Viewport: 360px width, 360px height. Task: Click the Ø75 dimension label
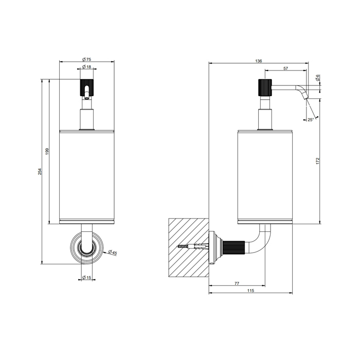(86, 60)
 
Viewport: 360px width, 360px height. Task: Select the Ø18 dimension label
(86, 67)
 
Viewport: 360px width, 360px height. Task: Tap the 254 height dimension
(40, 171)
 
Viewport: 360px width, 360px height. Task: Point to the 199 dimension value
(47, 151)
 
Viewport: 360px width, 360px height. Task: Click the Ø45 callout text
(113, 253)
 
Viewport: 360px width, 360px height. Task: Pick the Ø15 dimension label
(86, 277)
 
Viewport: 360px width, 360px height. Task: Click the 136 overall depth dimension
(259, 61)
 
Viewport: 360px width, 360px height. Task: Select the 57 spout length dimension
(285, 68)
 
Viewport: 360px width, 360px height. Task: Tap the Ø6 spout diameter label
(318, 78)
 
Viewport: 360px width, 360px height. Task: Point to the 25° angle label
(311, 120)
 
